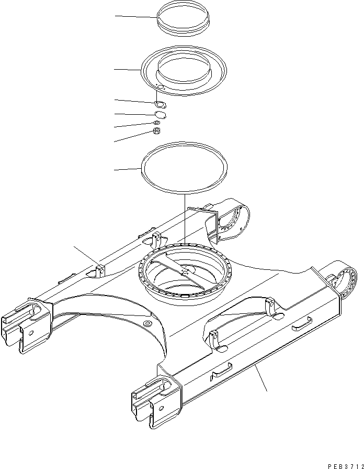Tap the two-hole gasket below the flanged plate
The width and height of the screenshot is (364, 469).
(161, 104)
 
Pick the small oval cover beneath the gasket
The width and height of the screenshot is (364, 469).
(161, 115)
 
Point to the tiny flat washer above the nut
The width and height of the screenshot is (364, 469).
(157, 124)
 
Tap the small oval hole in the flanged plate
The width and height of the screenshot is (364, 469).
(161, 87)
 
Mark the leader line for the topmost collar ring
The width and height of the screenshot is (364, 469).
(136, 17)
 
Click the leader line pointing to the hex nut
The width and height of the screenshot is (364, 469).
(133, 136)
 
